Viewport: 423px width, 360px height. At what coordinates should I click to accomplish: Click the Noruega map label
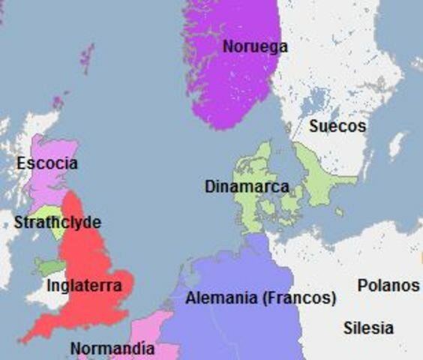[x=255, y=46]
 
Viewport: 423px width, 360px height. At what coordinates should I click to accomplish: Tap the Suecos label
[x=337, y=126]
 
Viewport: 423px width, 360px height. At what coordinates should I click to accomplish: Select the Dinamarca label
[x=247, y=187]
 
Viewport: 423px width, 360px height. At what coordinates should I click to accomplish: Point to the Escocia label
[x=47, y=163]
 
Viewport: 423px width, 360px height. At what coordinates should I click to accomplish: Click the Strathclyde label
[x=57, y=223]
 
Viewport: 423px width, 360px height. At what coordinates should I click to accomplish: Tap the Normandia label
[x=112, y=349]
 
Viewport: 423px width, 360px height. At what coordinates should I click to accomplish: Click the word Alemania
[x=222, y=298]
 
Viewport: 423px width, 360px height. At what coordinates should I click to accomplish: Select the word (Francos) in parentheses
[x=299, y=298]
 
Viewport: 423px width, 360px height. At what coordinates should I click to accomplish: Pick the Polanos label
[x=388, y=286]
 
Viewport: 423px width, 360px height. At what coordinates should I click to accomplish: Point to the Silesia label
[x=368, y=328]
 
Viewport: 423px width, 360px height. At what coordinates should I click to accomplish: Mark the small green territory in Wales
[x=49, y=267]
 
